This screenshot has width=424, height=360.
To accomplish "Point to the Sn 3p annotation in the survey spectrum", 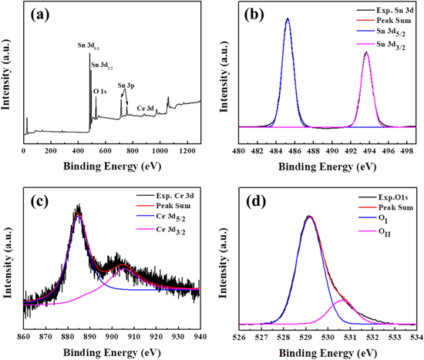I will (x=125, y=86).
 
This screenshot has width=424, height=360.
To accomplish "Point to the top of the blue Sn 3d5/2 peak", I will (x=288, y=19).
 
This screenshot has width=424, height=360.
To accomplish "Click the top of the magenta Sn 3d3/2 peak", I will (x=366, y=52).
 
